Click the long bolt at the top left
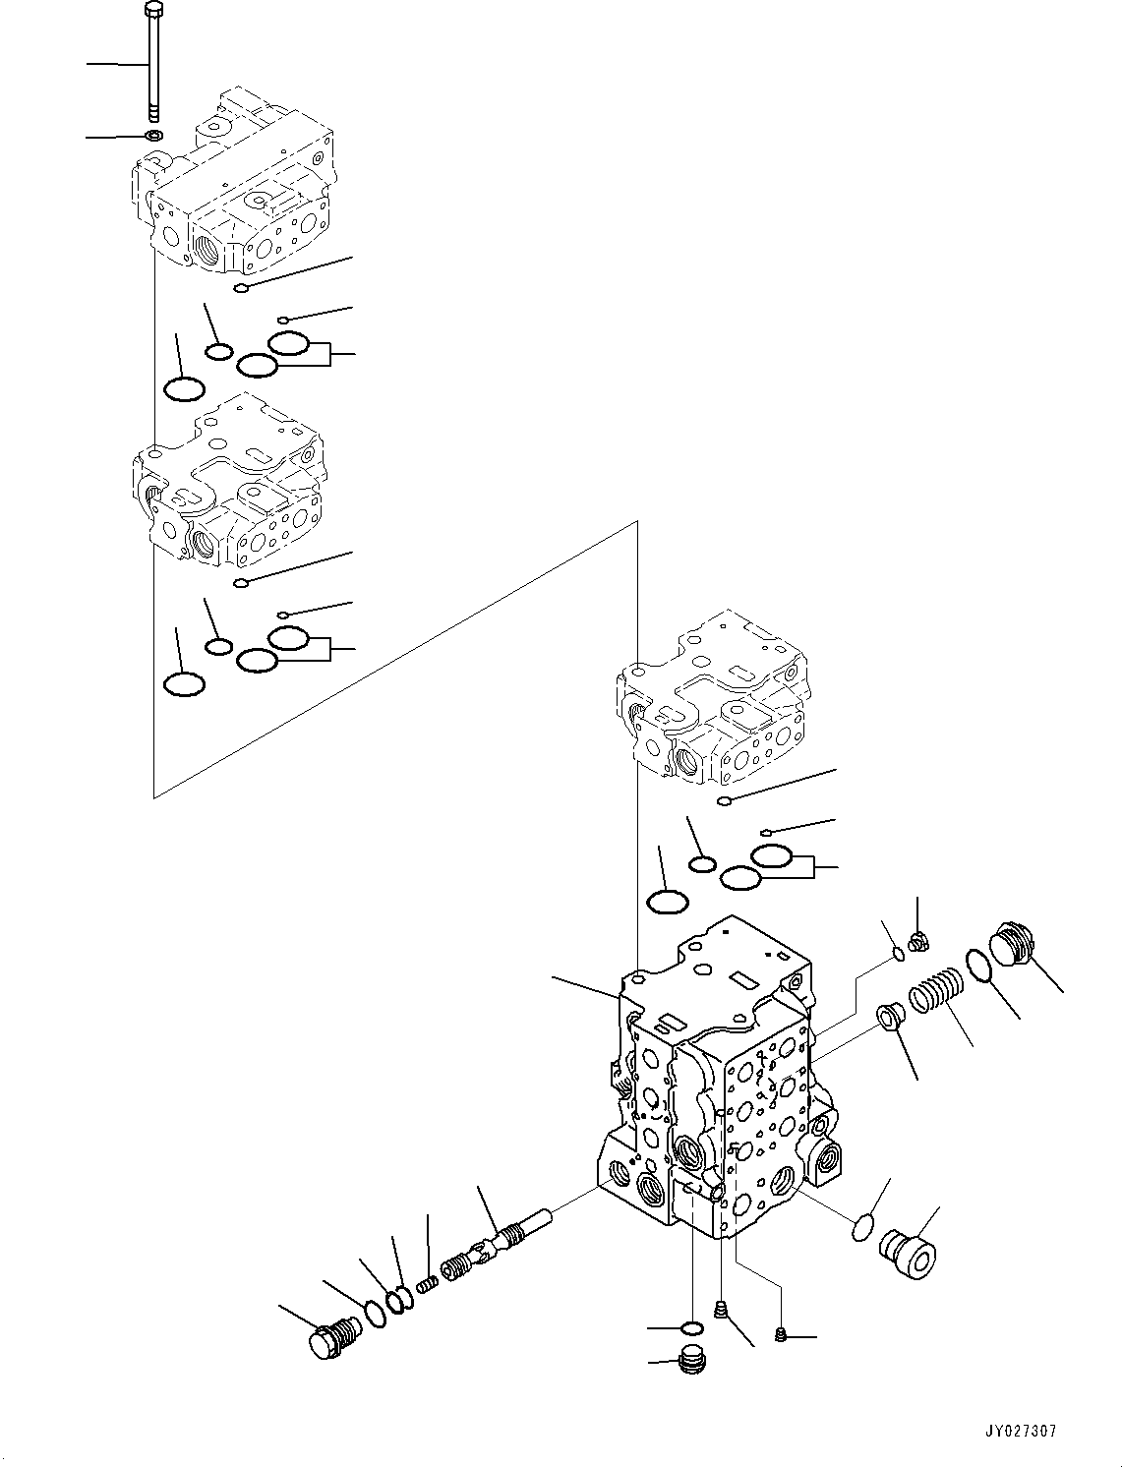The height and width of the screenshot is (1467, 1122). [153, 64]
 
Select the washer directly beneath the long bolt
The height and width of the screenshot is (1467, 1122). [153, 134]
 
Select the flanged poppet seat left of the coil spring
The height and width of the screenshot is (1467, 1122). [891, 1017]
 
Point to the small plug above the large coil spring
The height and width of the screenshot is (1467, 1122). [920, 942]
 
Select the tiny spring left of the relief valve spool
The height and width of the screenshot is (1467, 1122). [427, 1283]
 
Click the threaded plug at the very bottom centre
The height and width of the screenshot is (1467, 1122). [692, 1363]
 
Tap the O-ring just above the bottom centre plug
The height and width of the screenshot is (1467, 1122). [692, 1330]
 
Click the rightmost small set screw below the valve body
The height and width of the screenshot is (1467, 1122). [781, 1334]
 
